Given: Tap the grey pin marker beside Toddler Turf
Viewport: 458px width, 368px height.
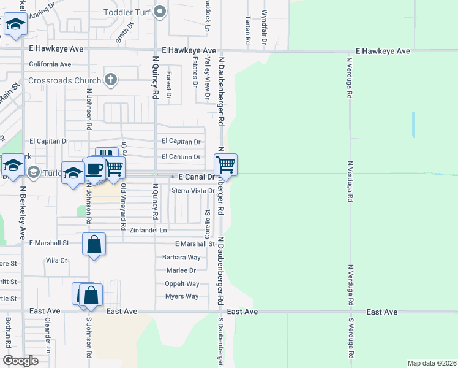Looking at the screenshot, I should click(x=160, y=11).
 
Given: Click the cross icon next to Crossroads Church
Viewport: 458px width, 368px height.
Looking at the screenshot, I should click(x=111, y=79).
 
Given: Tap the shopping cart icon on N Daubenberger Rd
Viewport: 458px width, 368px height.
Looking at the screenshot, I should click(x=225, y=165).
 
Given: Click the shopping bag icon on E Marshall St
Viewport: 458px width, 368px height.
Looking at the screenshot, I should click(x=94, y=244).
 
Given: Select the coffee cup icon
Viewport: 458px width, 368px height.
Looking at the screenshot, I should click(x=95, y=169).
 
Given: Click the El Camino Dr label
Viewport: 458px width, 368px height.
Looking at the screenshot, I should click(x=181, y=157).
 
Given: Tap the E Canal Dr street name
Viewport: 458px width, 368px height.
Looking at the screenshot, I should click(x=195, y=177).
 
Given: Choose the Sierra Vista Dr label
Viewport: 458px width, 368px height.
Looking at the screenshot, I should click(x=193, y=191).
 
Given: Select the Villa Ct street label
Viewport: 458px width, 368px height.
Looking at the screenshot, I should click(x=56, y=260).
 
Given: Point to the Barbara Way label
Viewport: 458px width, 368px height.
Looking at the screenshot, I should click(x=181, y=258).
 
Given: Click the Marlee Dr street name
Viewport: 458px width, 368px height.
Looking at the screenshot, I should click(x=181, y=270).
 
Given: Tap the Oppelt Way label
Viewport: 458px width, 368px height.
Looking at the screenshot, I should click(x=182, y=283).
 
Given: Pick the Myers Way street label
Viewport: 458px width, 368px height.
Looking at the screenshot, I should click(x=182, y=296).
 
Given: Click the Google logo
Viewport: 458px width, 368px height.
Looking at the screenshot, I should click(x=20, y=361).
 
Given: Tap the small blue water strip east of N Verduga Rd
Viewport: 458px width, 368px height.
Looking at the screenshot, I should click(x=413, y=125).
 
